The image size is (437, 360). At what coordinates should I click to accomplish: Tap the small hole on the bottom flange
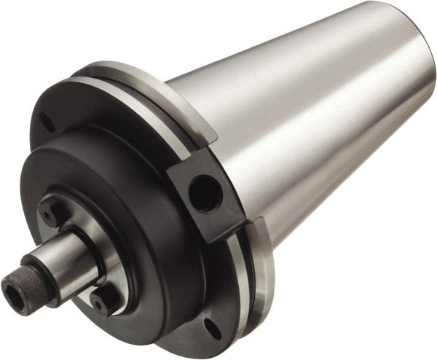click(212, 329)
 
